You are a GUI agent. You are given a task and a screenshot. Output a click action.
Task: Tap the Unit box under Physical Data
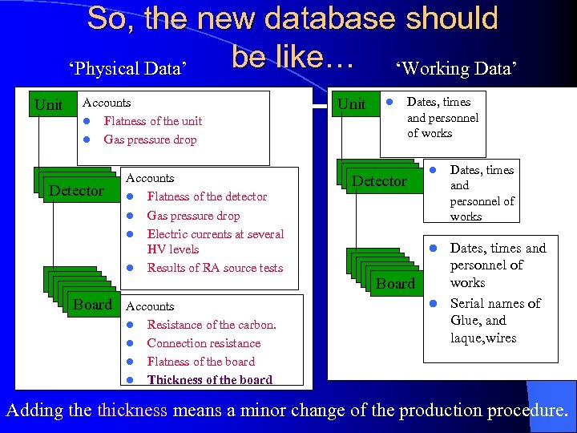click(49, 105)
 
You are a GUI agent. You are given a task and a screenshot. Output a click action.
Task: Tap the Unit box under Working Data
click(352, 104)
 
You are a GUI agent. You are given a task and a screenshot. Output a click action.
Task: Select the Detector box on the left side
click(76, 190)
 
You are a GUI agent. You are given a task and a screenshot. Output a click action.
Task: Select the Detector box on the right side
click(379, 181)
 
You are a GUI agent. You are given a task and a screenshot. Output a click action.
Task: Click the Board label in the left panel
click(92, 305)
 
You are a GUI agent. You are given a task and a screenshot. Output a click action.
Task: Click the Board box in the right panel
click(396, 283)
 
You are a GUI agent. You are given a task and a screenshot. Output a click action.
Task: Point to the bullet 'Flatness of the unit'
click(152, 121)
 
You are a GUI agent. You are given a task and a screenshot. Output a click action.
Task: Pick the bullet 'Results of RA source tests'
click(215, 268)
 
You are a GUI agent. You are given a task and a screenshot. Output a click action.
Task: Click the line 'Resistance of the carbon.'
click(212, 325)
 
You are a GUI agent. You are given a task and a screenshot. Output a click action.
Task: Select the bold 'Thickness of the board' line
click(209, 380)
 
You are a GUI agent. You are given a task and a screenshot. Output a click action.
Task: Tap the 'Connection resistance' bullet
click(204, 343)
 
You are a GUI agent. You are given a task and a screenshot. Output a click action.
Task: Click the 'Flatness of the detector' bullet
click(207, 196)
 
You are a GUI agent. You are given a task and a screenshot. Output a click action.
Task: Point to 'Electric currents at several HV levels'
click(215, 241)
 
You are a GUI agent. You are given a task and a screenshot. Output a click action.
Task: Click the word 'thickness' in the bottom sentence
click(132, 411)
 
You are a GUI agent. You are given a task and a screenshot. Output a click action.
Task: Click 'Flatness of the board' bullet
click(200, 362)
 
